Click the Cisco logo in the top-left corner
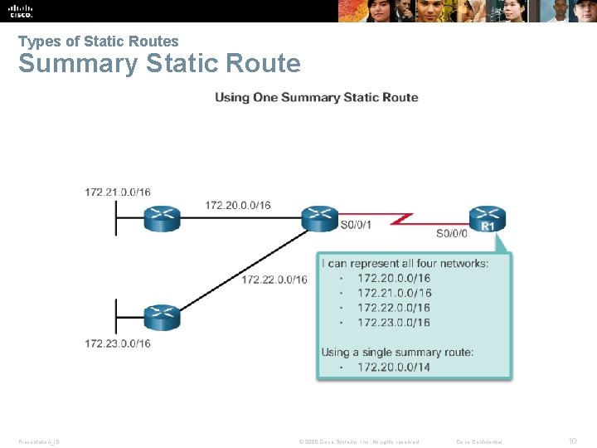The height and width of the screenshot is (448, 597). (20, 10)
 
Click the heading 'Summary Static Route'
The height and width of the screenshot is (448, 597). (159, 64)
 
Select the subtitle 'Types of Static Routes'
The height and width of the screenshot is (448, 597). (98, 41)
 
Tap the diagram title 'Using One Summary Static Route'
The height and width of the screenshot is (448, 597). (316, 97)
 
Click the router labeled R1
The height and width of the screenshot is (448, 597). (488, 219)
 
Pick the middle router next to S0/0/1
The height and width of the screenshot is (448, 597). (319, 217)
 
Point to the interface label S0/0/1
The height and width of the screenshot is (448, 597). (356, 224)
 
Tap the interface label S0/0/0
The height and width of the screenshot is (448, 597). (452, 234)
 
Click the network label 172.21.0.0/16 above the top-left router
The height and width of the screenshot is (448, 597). (118, 192)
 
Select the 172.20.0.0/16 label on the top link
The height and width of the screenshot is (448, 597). (237, 205)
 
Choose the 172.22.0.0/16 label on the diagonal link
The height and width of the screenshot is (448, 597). (274, 280)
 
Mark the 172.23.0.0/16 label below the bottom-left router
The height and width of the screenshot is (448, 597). (118, 343)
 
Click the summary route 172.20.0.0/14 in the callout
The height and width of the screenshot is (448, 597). (394, 367)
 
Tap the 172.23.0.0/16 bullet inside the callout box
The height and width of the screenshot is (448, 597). (394, 322)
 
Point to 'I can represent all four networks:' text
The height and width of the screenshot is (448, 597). (405, 264)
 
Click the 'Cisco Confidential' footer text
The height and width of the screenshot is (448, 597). (479, 441)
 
